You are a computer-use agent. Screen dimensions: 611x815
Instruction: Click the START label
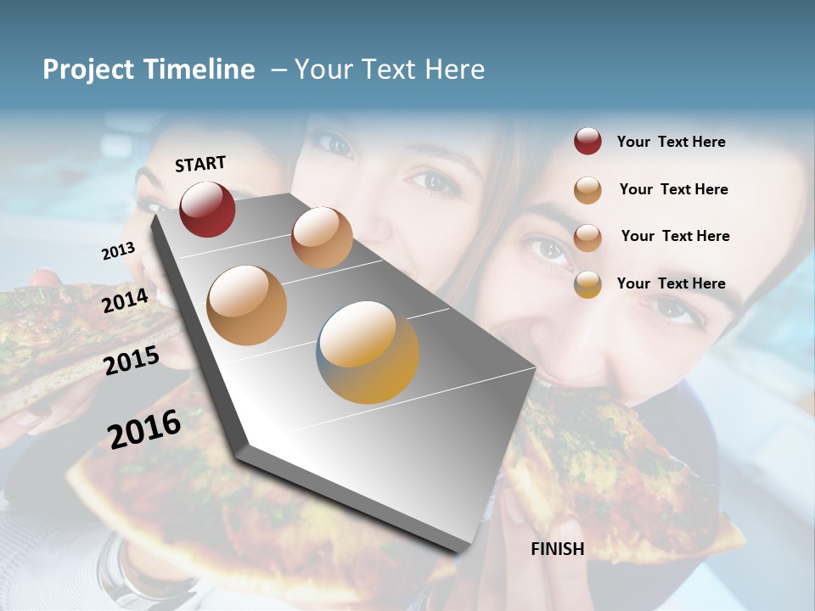tap(200, 164)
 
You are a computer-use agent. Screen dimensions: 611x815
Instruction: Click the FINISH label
tap(557, 549)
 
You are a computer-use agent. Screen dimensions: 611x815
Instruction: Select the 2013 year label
tap(118, 251)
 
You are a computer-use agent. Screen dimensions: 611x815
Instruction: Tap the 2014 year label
tap(126, 300)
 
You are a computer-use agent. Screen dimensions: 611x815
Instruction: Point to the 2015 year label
tap(132, 361)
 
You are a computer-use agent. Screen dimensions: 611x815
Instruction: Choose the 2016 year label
tap(144, 429)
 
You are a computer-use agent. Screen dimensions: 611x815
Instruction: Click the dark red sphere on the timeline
tap(207, 209)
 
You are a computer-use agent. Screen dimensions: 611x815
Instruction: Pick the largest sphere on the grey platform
tap(368, 352)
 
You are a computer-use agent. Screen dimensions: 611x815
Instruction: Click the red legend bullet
tap(587, 142)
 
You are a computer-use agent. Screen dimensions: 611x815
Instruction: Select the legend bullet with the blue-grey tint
tap(587, 284)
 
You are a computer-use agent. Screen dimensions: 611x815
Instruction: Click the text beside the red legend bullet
tap(671, 142)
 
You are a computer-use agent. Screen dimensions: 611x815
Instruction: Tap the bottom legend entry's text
tap(671, 283)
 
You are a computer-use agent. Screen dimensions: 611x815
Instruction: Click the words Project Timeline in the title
tap(149, 70)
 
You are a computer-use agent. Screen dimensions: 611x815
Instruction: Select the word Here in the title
tap(454, 70)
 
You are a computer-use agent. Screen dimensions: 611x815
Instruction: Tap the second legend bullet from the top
tap(587, 190)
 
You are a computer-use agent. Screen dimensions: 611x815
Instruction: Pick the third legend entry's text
tap(675, 236)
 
